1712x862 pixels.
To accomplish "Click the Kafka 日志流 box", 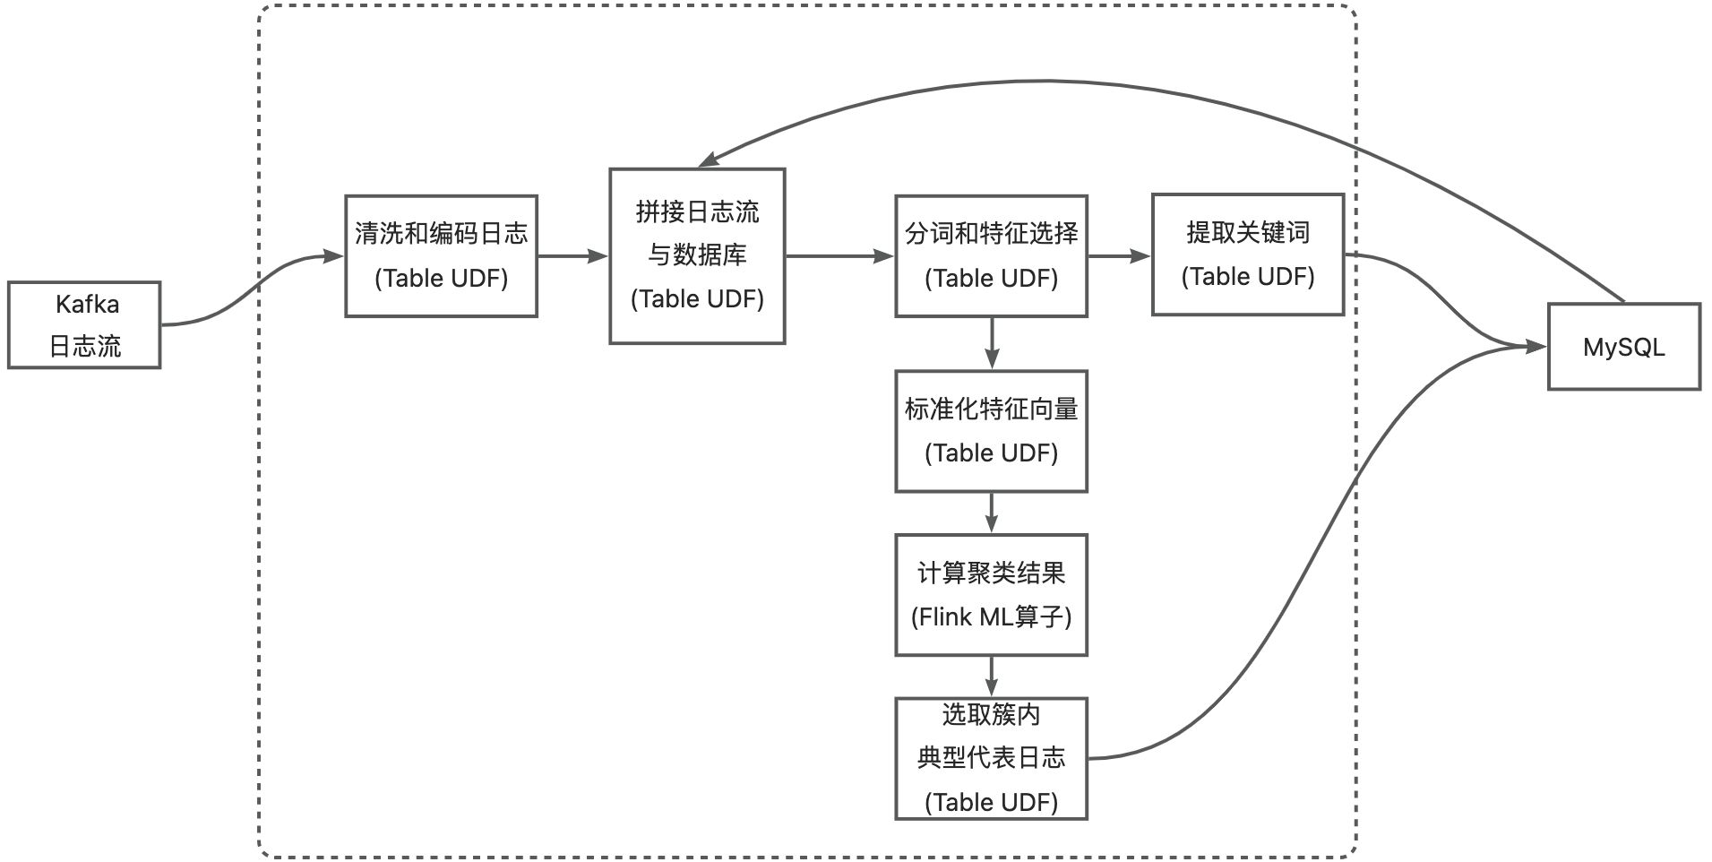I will (84, 325).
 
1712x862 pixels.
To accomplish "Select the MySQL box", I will (1623, 347).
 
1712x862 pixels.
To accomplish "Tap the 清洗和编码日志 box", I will (441, 256).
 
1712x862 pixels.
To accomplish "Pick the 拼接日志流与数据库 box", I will (697, 256).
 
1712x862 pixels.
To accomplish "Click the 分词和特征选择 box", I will (991, 256).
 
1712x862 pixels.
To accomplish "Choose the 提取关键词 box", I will (1247, 254).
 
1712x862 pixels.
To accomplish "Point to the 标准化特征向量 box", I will (991, 431).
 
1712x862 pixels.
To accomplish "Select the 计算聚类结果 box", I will (991, 595).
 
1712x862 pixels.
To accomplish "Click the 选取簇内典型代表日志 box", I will (991, 758).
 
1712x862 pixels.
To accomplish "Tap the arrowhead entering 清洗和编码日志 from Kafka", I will (333, 256).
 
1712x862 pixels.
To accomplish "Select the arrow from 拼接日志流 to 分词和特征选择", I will (839, 256).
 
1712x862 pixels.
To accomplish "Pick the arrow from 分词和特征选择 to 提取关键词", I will (1119, 256).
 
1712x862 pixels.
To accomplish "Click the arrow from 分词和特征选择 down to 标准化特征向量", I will (991, 343).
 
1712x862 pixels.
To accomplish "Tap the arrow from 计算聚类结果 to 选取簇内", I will (991, 677).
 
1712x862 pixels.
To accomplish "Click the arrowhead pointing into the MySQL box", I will (1537, 347).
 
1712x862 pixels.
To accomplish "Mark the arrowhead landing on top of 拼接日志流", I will (709, 160).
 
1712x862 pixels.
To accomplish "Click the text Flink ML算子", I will (991, 617).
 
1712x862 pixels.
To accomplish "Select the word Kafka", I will (87, 305).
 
